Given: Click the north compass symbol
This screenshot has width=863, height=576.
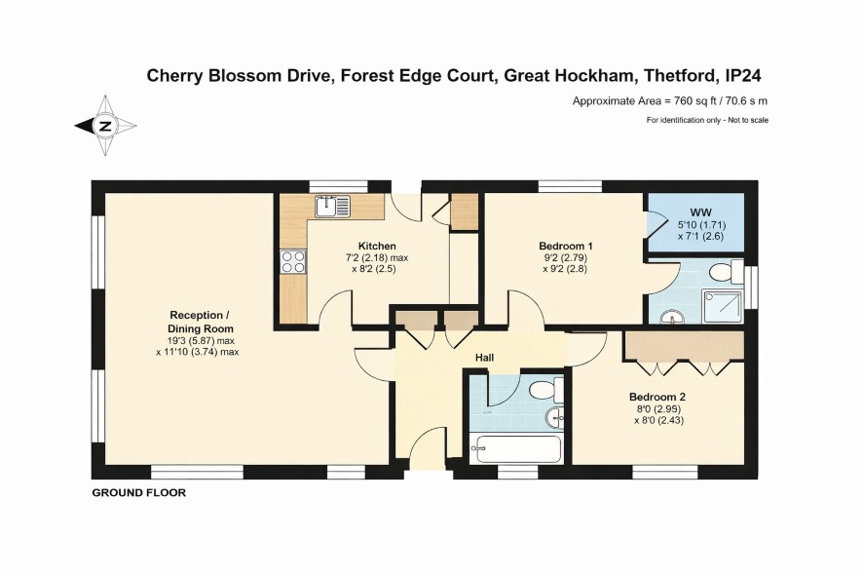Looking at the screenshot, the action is click(x=105, y=126).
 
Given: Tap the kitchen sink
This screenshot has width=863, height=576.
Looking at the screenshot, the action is click(x=332, y=206).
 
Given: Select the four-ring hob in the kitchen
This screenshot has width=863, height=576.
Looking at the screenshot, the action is click(x=293, y=261).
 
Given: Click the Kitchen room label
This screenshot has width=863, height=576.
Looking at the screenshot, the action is click(x=377, y=246).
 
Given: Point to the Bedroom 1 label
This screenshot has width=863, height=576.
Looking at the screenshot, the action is click(x=565, y=246).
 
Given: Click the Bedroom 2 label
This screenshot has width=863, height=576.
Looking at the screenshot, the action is click(x=657, y=397).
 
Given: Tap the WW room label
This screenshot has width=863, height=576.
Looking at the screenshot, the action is click(x=700, y=212).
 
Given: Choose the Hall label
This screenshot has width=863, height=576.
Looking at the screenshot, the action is click(x=484, y=358).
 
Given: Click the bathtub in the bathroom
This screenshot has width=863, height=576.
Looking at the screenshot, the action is click(x=516, y=448).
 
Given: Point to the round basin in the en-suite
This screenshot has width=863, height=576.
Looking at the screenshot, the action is click(x=672, y=317).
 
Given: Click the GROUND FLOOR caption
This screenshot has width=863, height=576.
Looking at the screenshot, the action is click(x=138, y=493).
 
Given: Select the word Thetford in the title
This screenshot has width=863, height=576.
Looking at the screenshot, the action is click(x=680, y=75).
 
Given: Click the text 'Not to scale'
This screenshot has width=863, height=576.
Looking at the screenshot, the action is click(x=748, y=120).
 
